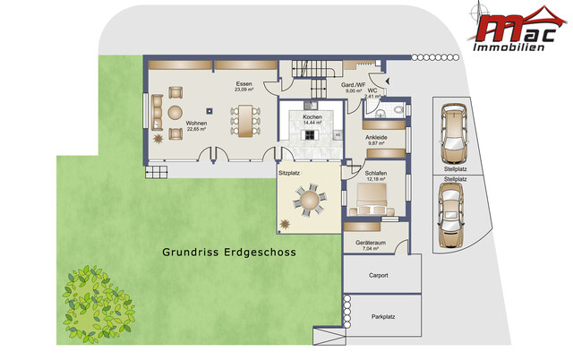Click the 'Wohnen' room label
coord(197,122)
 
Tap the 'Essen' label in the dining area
coord(243,83)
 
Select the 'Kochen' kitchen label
coord(312,116)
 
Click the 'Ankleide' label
coord(376,137)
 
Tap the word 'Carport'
coord(380,276)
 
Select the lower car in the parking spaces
coord(454,218)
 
